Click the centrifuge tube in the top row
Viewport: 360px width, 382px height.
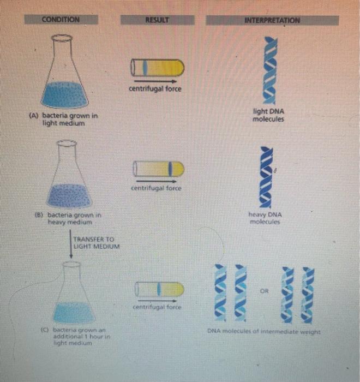click(x=155, y=67)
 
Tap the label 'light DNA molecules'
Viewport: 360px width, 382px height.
click(x=268, y=115)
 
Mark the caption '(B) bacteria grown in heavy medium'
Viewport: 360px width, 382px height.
click(x=71, y=219)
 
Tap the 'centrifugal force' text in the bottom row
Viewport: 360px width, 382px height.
click(x=157, y=308)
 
